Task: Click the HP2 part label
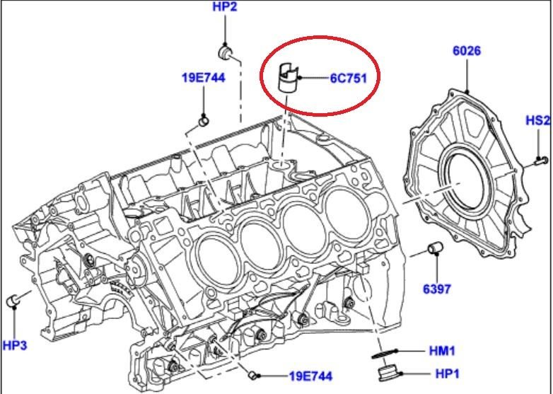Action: point(225,6)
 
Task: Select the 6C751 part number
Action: point(349,78)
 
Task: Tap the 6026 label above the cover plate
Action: point(467,51)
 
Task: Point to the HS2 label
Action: point(538,121)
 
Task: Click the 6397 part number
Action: point(436,289)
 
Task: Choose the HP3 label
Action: point(14,345)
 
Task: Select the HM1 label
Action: point(442,351)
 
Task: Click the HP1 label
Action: point(448,373)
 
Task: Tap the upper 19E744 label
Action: point(204,78)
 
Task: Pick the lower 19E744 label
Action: point(310,376)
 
